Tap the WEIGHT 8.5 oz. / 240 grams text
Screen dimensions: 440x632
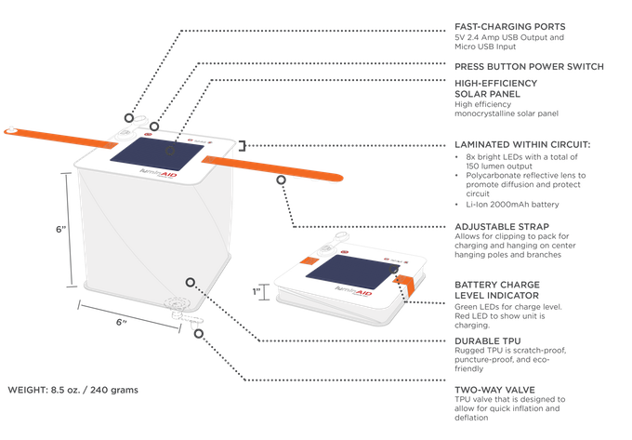(72, 390)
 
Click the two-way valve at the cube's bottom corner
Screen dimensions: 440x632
(178, 308)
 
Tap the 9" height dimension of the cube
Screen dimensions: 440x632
(58, 228)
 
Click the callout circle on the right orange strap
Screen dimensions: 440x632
(281, 182)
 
